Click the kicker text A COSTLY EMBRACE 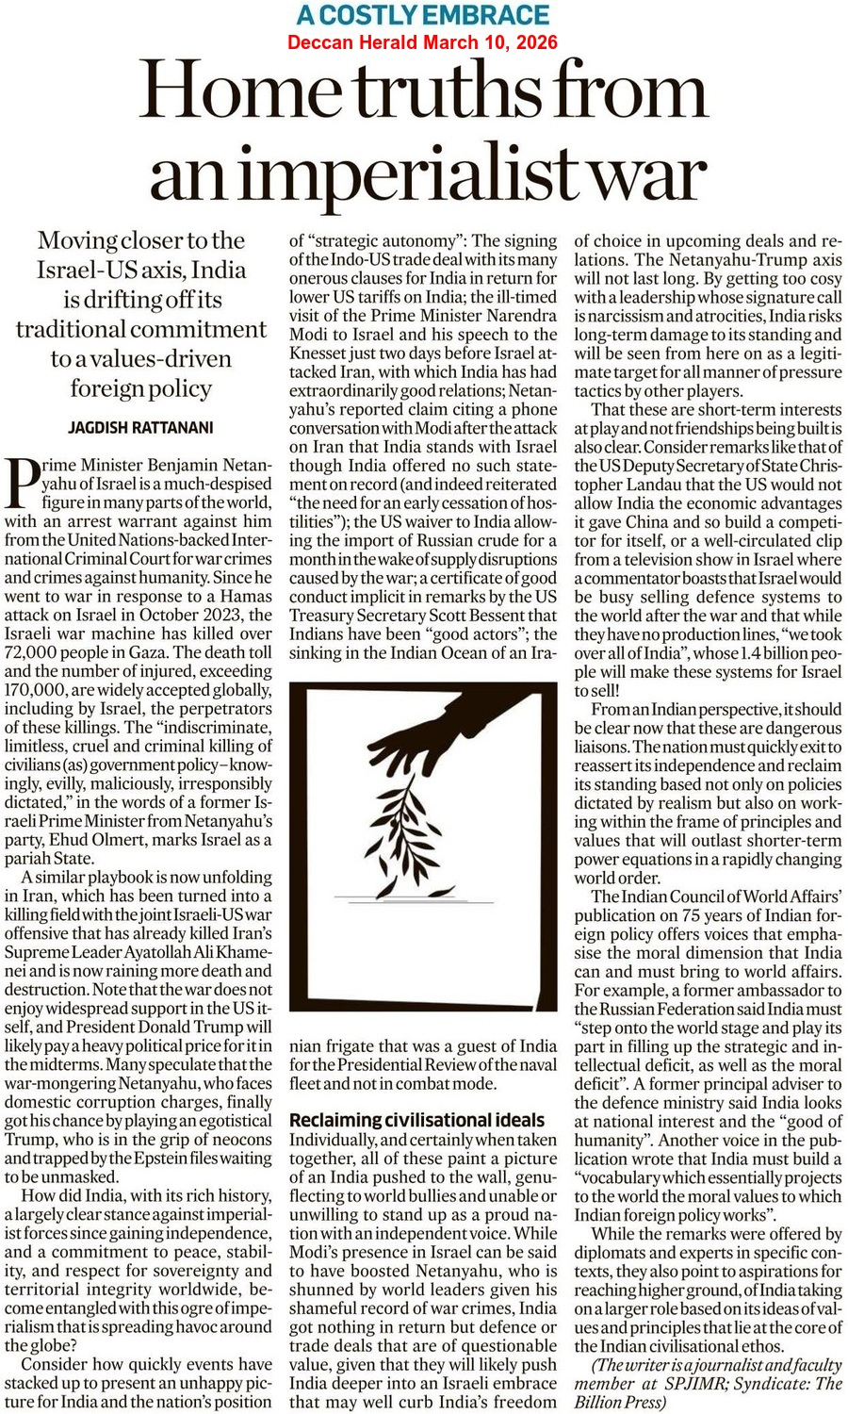[x=422, y=15]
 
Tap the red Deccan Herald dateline [x=422, y=42]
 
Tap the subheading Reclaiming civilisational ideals [x=416, y=1120]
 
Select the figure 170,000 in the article [x=38, y=690]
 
